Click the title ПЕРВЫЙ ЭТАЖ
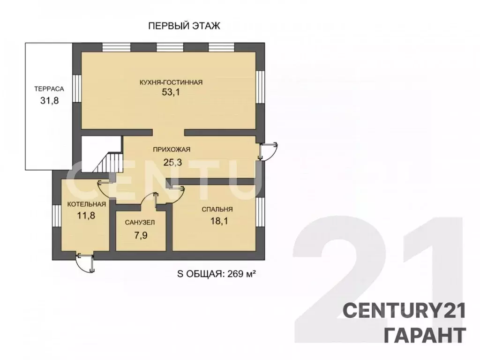(184, 26)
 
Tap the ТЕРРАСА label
(49, 89)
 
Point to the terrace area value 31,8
(49, 100)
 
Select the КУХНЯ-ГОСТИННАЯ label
(171, 82)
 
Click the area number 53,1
(171, 92)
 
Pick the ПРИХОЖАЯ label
(172, 150)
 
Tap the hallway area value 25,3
(172, 162)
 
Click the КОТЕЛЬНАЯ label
(87, 204)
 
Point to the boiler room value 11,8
(86, 216)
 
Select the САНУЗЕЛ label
(140, 223)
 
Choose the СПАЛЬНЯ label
(217, 210)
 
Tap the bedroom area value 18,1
(219, 221)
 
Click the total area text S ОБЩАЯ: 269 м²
(217, 274)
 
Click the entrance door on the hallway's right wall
(268, 151)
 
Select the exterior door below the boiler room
(85, 262)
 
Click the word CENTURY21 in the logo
(405, 310)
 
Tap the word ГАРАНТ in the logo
(425, 335)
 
